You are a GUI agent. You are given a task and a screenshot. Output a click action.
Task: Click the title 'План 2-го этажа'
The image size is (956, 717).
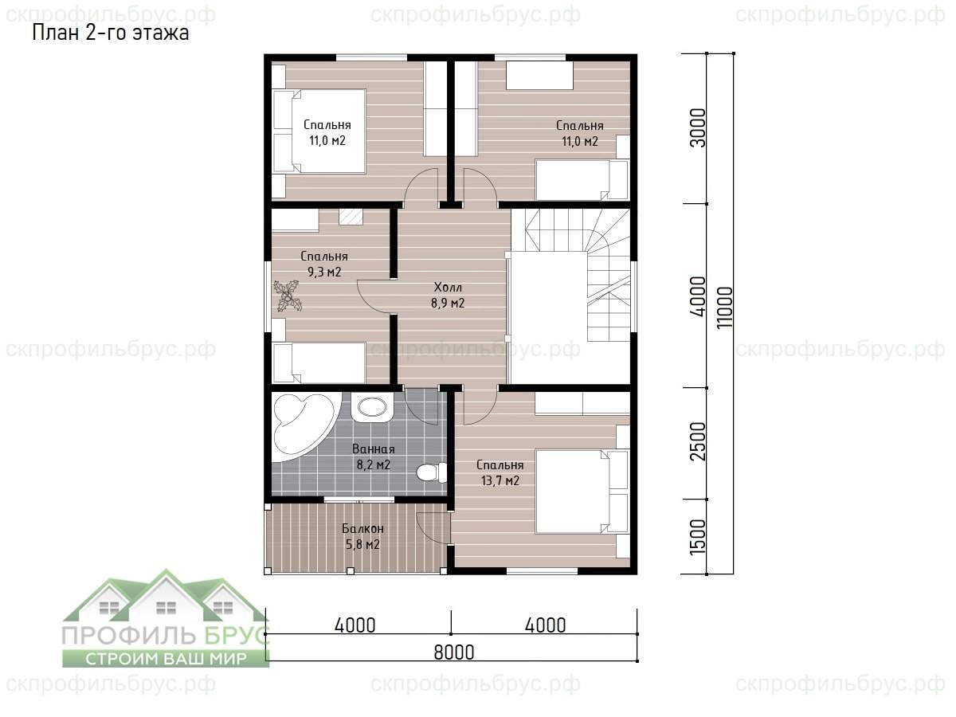pos(111,33)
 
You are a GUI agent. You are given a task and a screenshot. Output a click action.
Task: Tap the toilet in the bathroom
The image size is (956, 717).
pos(432,472)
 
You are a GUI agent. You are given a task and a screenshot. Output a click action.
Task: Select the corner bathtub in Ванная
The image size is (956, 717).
pos(303,428)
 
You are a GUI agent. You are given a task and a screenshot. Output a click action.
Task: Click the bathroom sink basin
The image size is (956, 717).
pos(371,408)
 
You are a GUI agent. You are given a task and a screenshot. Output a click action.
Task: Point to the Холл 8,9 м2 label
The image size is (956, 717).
pos(448,295)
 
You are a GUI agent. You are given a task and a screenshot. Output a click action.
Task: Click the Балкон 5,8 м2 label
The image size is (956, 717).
pos(362,536)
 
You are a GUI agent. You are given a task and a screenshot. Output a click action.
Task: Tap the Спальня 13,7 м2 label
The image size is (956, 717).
pos(500,472)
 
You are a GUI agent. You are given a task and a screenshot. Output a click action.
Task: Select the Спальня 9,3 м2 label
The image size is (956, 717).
pos(324,264)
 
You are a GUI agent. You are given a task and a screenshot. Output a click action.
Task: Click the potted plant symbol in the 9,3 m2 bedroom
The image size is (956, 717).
pos(288,296)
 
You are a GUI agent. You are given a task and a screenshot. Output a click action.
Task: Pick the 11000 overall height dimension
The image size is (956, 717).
pos(725,308)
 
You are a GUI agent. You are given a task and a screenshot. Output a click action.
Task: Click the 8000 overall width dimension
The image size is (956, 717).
pos(454,652)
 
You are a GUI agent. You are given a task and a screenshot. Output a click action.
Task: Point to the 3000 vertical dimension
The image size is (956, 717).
pos(698,128)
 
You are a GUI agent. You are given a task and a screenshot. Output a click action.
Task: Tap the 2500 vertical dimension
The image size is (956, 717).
pos(698,441)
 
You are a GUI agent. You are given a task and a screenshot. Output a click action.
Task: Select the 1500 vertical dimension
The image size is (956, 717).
pos(698,537)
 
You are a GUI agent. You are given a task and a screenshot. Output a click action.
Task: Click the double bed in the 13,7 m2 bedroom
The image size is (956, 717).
pos(582,492)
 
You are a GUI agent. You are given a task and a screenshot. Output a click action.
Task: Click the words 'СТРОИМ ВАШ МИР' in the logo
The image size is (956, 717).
pos(166,659)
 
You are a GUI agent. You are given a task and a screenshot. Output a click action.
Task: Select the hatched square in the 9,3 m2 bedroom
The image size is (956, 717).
pos(351,217)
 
